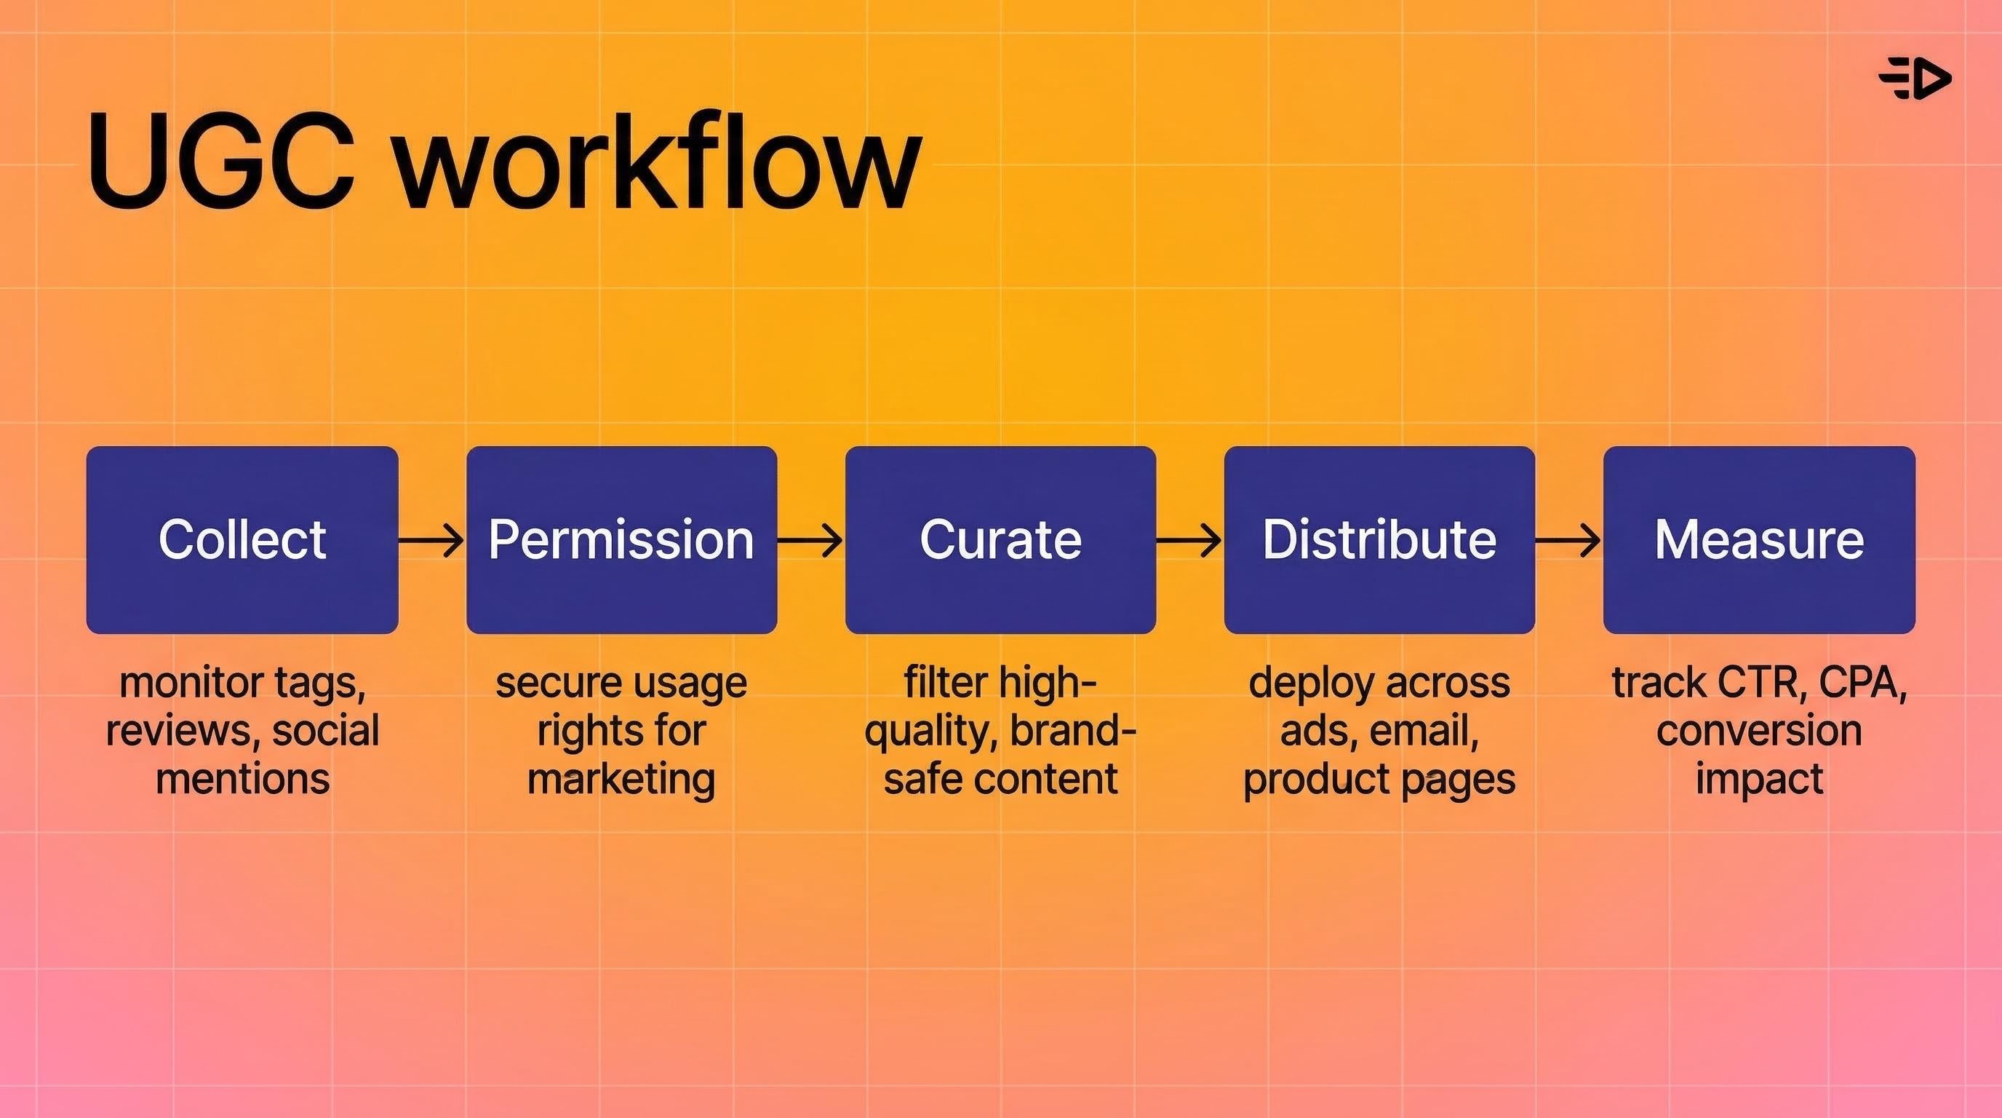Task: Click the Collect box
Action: [x=242, y=539]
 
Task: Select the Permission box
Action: [x=621, y=539]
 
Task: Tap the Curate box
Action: [x=1000, y=539]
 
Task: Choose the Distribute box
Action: [x=1379, y=539]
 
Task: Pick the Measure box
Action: [x=1759, y=539]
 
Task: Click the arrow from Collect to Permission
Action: [x=431, y=539]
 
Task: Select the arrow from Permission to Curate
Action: [x=810, y=539]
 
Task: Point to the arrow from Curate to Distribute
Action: [x=1189, y=539]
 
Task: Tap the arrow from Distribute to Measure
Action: [x=1568, y=539]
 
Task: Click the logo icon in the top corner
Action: [x=1915, y=79]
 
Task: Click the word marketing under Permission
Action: [x=621, y=779]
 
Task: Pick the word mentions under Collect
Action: [x=242, y=779]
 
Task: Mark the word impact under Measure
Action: [x=1759, y=779]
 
